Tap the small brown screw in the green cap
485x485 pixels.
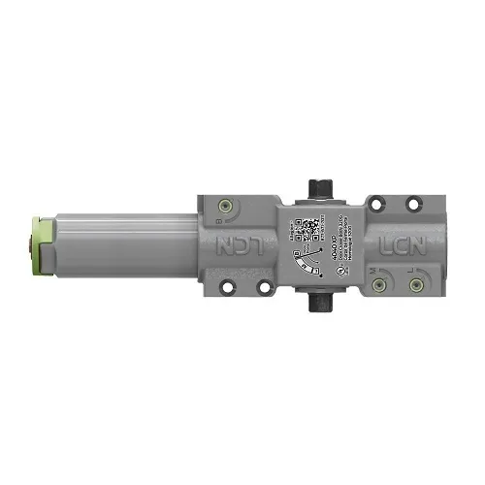pyautogui.click(x=33, y=243)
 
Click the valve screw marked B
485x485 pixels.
pyautogui.click(x=226, y=206)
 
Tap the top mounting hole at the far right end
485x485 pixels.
pyautogui.click(x=411, y=203)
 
